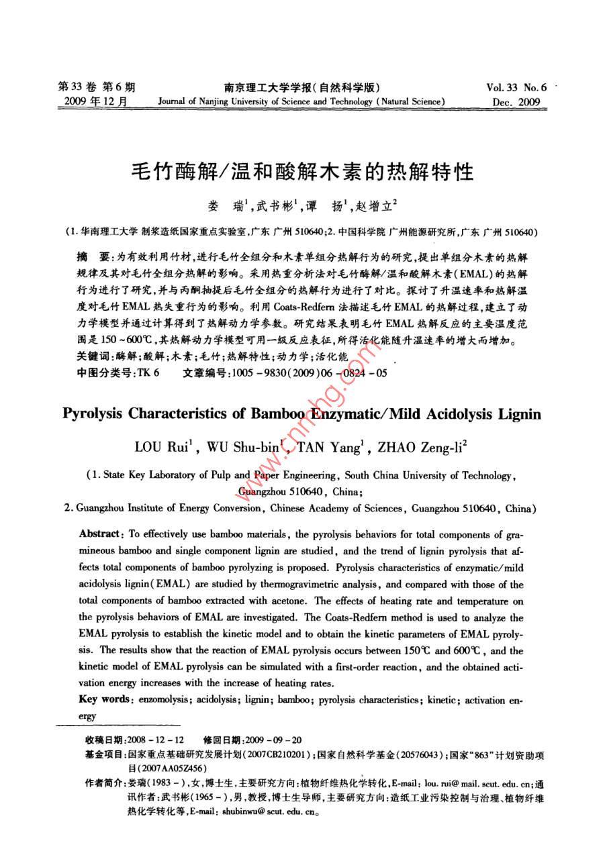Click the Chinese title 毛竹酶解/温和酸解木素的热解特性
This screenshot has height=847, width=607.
301,173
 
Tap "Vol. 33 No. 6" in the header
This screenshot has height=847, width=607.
516,87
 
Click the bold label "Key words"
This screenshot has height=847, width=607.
103,699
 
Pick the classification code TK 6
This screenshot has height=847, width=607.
148,372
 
